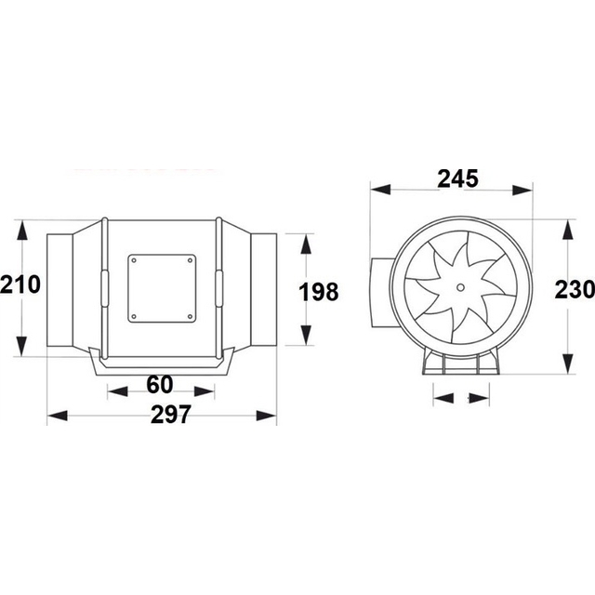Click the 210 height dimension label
20,284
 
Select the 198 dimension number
319,292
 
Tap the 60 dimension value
160,384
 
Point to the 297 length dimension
171,415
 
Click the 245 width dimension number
457,179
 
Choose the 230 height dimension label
575,289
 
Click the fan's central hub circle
460,287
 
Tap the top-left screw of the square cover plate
134,260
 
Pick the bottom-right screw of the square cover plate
190,316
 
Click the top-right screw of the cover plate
190,260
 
